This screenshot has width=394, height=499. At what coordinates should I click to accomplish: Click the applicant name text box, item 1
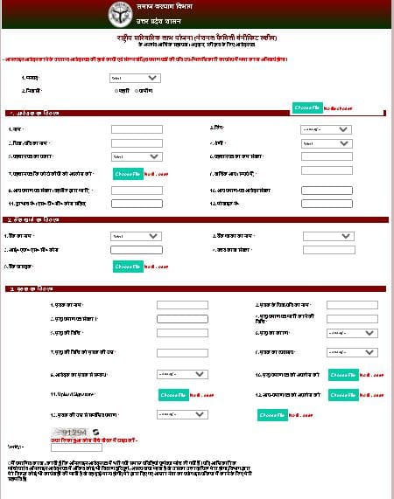pyautogui.click(x=137, y=129)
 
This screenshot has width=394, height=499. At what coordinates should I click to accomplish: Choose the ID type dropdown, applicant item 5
pyautogui.click(x=137, y=156)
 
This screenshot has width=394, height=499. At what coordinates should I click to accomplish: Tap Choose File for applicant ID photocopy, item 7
pyautogui.click(x=126, y=174)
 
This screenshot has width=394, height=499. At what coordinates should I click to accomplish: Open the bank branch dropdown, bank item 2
pyautogui.click(x=328, y=236)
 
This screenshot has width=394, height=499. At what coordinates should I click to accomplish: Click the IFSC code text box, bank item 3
pyautogui.click(x=137, y=251)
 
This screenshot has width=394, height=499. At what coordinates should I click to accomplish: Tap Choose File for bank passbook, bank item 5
pyautogui.click(x=126, y=267)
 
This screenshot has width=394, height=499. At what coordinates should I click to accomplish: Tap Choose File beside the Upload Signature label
pyautogui.click(x=173, y=395)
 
